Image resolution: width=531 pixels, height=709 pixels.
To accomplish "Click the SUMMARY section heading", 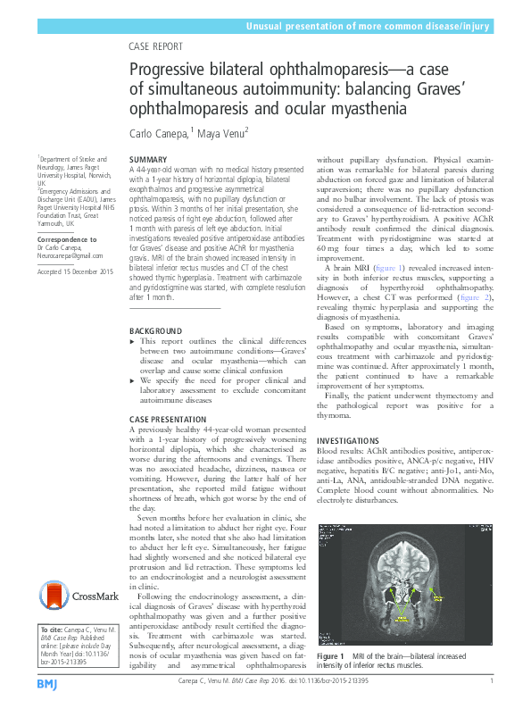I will (149, 160).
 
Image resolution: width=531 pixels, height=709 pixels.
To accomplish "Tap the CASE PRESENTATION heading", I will (172, 419).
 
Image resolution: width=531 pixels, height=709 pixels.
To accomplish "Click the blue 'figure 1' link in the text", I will (389, 267).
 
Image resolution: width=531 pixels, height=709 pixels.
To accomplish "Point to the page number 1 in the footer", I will (493, 682).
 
